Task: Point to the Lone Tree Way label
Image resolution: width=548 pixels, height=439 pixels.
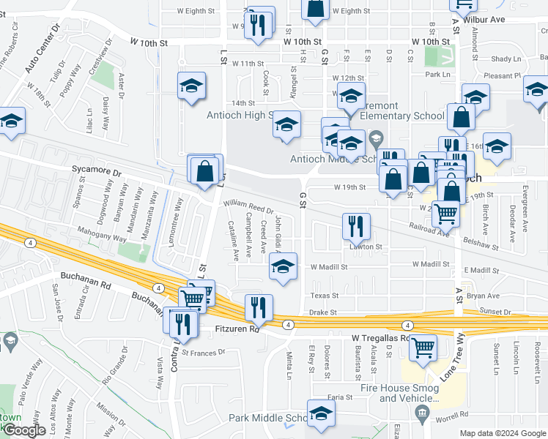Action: coord(453,358)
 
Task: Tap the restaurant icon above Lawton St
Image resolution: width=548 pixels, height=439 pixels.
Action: coord(356,227)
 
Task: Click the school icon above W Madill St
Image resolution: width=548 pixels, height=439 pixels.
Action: coord(282,267)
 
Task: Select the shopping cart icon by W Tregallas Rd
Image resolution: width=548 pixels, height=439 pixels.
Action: coord(423,349)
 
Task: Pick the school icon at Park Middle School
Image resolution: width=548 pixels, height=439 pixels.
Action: coord(320,414)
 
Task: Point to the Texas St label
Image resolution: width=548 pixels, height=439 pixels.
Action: coord(324,296)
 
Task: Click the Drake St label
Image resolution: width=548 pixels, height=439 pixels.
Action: coord(322,312)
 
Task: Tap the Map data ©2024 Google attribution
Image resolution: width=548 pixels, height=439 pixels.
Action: coord(503,433)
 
